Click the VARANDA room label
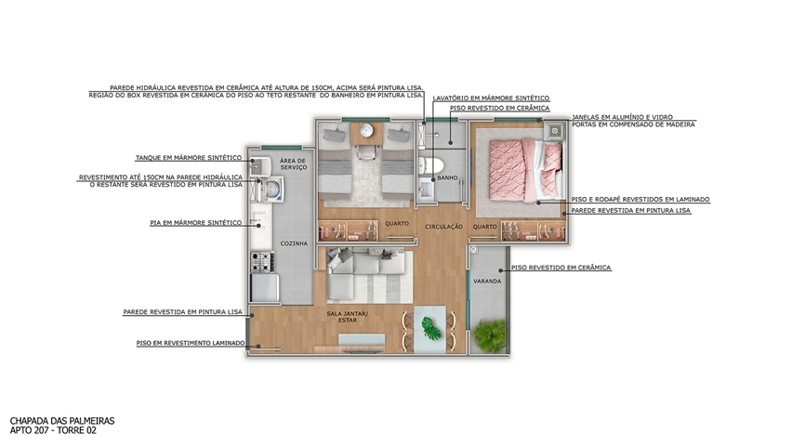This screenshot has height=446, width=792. tap(487, 282)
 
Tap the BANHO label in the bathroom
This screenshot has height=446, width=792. tap(447, 177)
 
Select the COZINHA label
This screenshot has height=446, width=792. tap(294, 243)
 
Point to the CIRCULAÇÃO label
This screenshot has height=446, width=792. tap(444, 227)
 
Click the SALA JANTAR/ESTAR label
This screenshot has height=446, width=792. tap(348, 317)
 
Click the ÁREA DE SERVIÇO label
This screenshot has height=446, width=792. tap(293, 164)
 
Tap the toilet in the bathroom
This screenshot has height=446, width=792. tap(430, 164)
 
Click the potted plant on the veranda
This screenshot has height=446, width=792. tap(490, 334)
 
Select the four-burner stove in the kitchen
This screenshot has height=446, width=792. tap(262, 262)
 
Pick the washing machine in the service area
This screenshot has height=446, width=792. tap(271, 190)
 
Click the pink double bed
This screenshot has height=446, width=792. tap(525, 170)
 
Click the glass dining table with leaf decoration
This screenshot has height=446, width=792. tap(429, 329)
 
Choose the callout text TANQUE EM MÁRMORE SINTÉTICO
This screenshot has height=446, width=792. tap(189, 158)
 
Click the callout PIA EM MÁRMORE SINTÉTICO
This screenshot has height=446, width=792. tap(195, 223)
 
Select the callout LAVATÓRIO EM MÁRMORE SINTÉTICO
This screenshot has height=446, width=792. tap(491, 98)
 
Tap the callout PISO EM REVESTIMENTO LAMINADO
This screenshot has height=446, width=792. tap(191, 343)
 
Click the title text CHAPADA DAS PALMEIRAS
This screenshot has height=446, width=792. tap(62, 421)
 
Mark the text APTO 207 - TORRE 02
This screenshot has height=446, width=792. tap(53, 430)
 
